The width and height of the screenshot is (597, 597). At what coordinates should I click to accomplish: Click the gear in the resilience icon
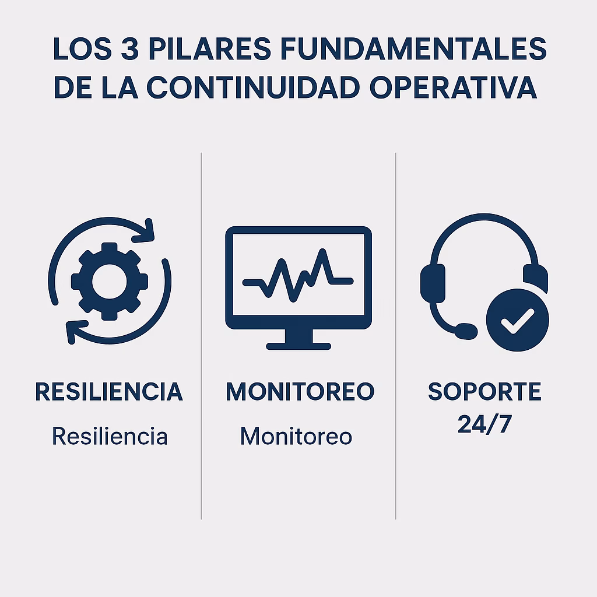(110, 280)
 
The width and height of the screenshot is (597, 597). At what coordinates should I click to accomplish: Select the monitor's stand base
(298, 345)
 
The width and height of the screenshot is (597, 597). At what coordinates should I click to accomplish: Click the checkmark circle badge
(517, 320)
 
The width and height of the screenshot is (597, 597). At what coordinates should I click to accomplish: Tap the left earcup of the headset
(432, 283)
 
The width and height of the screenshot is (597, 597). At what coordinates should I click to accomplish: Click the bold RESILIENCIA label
(109, 392)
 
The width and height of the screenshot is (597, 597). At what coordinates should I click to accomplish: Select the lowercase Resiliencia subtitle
(110, 436)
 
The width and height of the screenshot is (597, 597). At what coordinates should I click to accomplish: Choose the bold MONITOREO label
(300, 392)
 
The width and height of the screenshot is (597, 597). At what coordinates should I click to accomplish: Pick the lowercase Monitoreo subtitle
(296, 436)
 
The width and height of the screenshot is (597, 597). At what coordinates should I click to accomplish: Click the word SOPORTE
(484, 392)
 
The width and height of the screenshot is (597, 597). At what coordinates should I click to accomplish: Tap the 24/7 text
(484, 424)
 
